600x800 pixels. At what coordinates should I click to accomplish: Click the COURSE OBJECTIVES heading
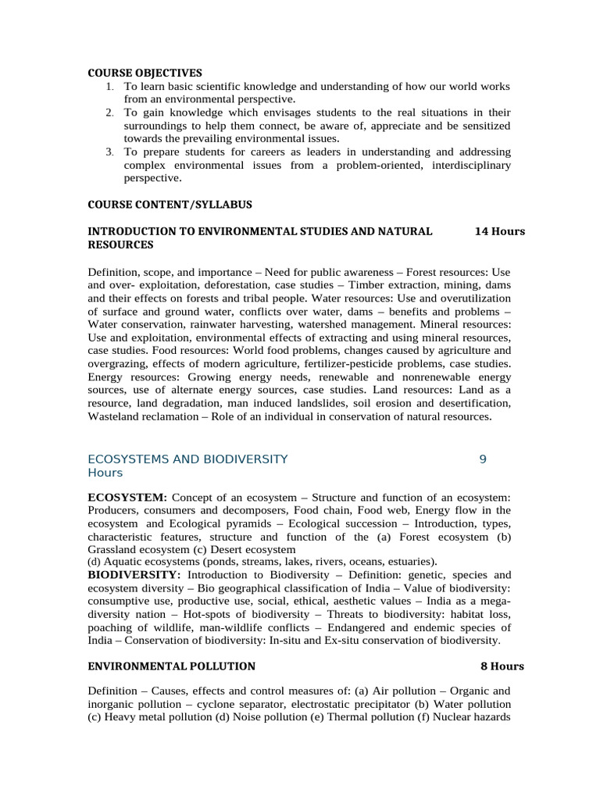[145, 73]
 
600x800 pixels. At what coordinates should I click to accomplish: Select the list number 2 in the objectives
[109, 113]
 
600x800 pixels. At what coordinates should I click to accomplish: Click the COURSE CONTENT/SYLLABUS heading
[170, 204]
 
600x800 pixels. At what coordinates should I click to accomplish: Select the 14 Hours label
[500, 232]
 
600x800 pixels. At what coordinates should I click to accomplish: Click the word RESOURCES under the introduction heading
[120, 245]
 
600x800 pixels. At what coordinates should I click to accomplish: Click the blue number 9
[483, 459]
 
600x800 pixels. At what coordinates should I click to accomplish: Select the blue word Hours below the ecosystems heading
[105, 473]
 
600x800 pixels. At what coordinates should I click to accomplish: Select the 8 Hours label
[502, 666]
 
